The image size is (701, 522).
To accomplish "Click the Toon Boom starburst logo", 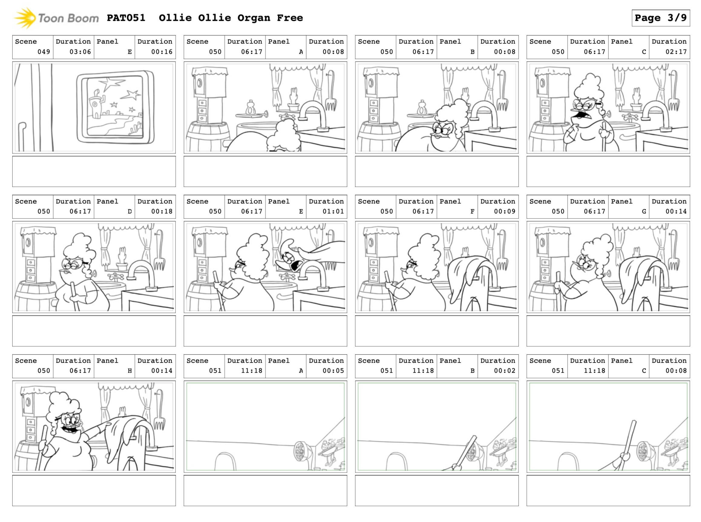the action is [x=25, y=18].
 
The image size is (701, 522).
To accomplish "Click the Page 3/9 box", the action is [x=660, y=18].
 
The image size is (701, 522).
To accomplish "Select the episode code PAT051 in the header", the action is [x=126, y=18].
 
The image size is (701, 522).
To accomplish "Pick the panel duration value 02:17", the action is [x=676, y=52].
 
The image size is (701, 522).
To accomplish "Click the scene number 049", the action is [x=44, y=52].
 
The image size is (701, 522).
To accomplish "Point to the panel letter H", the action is [x=129, y=371].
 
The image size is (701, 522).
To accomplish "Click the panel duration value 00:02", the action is [x=505, y=371].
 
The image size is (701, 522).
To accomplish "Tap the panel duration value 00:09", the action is [x=505, y=211].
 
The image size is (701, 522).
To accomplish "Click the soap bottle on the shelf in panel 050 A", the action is [x=251, y=108].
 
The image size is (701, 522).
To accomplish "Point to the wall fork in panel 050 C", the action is [x=673, y=92].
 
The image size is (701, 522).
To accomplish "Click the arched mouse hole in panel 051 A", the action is [x=225, y=461].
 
